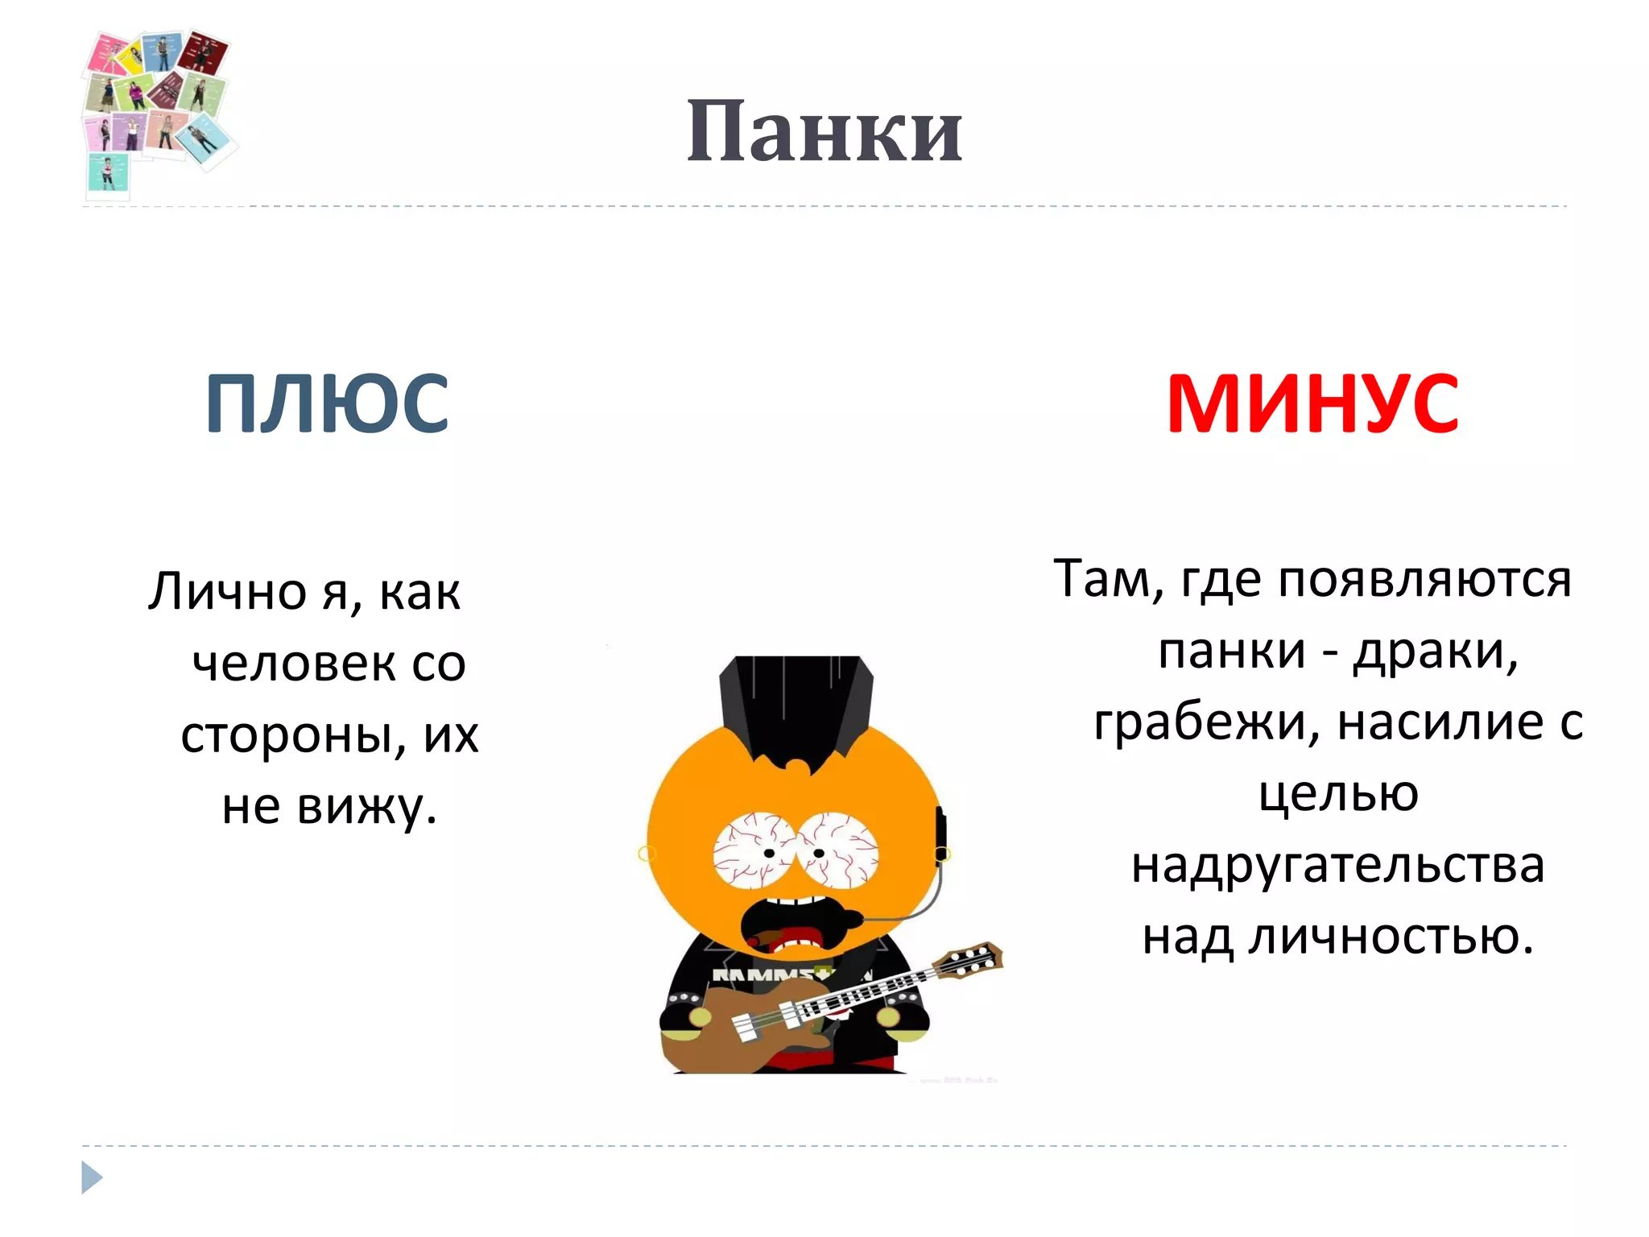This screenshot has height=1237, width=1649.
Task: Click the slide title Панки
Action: click(x=824, y=131)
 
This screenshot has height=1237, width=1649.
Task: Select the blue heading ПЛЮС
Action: click(x=327, y=403)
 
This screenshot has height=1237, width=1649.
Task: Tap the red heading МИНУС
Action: click(x=1312, y=403)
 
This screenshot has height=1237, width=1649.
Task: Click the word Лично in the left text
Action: click(x=227, y=592)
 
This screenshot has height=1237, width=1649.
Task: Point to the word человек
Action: click(x=295, y=664)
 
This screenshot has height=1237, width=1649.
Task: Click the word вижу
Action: click(x=367, y=807)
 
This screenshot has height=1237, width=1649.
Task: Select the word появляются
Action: click(x=1424, y=579)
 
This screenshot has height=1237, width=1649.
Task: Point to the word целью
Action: click(x=1338, y=794)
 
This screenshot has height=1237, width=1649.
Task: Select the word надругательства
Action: click(x=1337, y=866)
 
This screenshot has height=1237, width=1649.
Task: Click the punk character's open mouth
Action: click(x=793, y=926)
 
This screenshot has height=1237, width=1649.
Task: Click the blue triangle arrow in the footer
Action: click(x=92, y=1177)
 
